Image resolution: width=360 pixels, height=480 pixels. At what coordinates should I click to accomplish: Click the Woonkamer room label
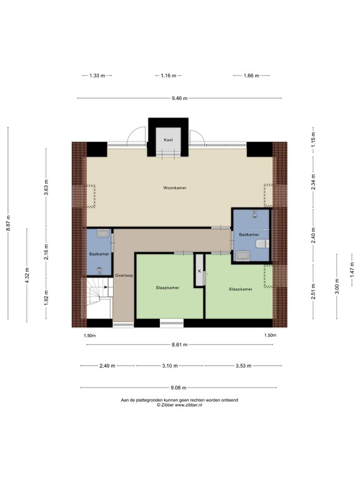[175, 187]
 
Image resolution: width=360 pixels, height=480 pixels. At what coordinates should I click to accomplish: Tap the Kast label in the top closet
[168, 141]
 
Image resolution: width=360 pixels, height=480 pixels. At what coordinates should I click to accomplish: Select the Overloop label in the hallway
[124, 276]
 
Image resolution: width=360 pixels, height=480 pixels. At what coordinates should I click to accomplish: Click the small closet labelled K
[199, 271]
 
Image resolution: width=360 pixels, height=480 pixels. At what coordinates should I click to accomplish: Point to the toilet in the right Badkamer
[265, 244]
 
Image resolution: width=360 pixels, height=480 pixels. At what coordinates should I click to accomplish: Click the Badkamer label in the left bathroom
[99, 254]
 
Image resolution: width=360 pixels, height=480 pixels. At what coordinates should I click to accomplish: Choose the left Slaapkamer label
[167, 288]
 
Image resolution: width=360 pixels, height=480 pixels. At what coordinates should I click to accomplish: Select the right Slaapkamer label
[241, 289]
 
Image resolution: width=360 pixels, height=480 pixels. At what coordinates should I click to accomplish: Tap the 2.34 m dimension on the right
[313, 186]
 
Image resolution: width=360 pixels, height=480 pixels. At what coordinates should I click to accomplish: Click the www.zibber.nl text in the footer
[196, 405]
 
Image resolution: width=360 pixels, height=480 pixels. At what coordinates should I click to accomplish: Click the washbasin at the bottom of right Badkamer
[242, 254]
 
